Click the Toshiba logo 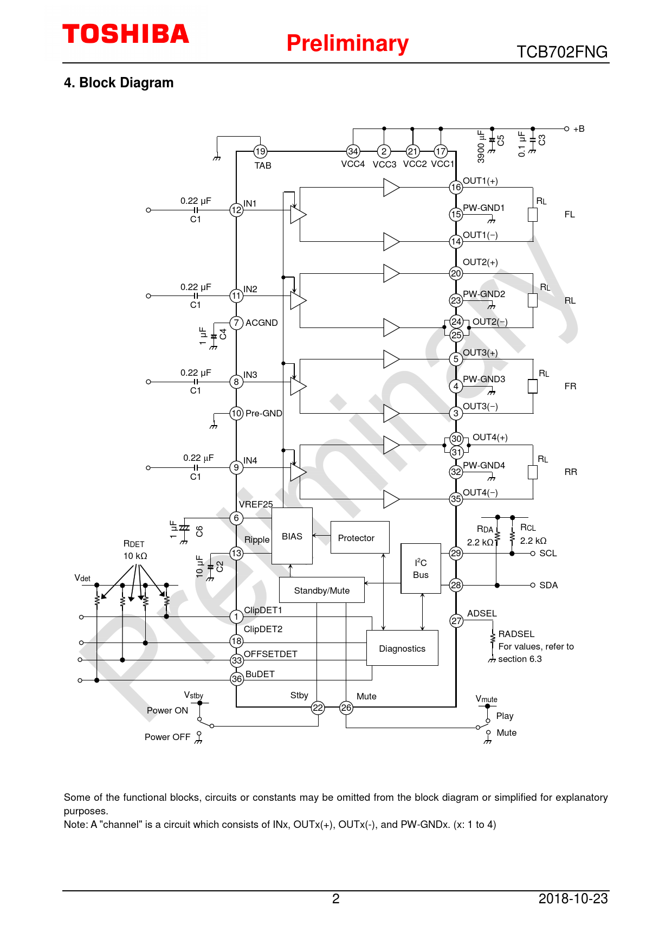pos(126,34)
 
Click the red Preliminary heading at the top pos(347,43)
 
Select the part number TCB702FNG pos(562,52)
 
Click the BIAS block pos(292,536)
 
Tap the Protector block pos(360,537)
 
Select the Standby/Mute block pos(322,590)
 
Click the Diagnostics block pos(402,648)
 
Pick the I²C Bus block pos(421,569)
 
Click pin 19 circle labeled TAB pos(261,152)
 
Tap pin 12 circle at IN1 pos(237,210)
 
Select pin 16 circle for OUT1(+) pos(456,188)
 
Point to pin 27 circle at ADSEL pos(456,621)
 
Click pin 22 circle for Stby pos(318,708)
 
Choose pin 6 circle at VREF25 pos(236,518)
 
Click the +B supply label pos(579,129)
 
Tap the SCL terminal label pos(548,553)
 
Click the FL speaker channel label pos(570,214)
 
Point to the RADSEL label pos(516,634)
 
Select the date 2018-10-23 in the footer pos(573,898)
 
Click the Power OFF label pos(167,737)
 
